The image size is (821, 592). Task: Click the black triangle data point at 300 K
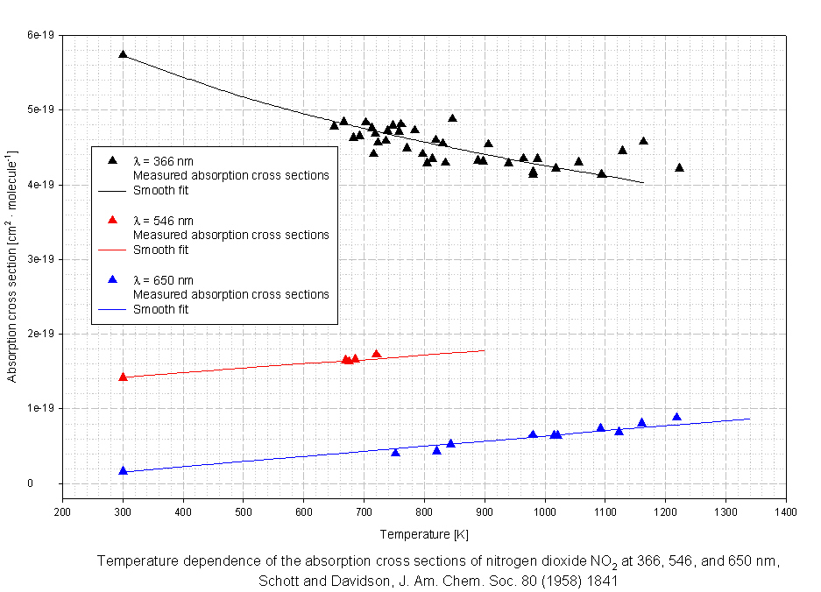click(x=123, y=53)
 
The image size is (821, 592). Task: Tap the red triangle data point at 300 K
click(x=123, y=377)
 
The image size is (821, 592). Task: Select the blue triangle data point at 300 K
click(x=123, y=470)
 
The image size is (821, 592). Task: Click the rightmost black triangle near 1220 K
click(x=679, y=167)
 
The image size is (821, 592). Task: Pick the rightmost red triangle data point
click(x=377, y=354)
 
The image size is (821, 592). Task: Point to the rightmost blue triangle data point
click(x=676, y=417)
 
